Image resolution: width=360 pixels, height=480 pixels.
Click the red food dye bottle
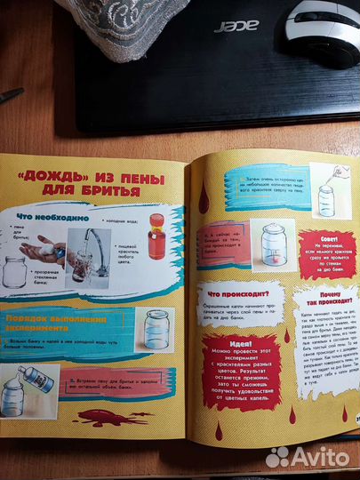[x=156, y=236]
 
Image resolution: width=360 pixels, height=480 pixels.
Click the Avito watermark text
[x=315, y=457]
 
